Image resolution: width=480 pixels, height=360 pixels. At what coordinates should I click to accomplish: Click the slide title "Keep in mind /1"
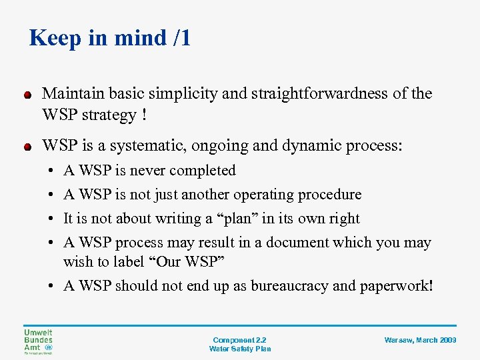pyautogui.click(x=110, y=38)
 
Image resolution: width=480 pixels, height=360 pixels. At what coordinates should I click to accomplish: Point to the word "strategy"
pyautogui.click(x=105, y=115)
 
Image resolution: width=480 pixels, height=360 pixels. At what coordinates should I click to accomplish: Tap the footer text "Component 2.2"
pyautogui.click(x=239, y=340)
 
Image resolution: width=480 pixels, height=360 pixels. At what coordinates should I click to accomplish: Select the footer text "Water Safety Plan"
pyautogui.click(x=239, y=349)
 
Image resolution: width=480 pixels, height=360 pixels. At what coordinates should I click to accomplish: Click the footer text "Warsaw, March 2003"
pyautogui.click(x=420, y=340)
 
